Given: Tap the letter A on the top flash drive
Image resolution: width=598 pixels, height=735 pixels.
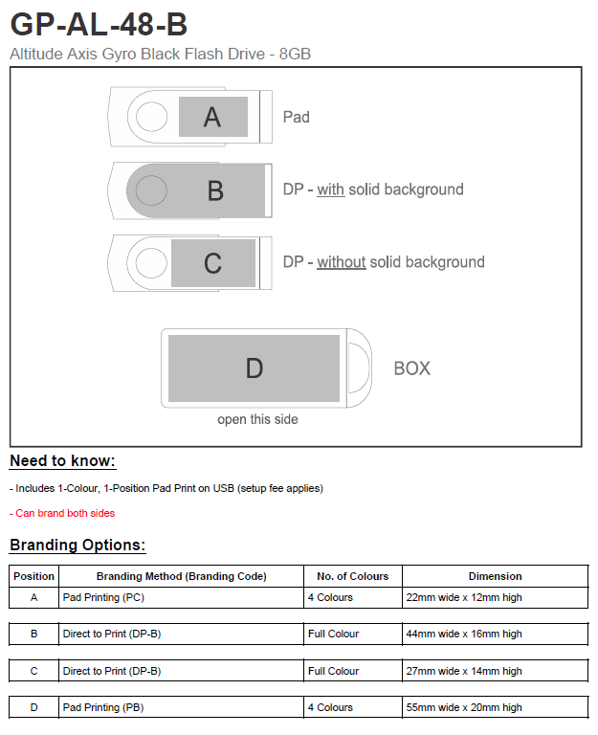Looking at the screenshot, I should tap(212, 117).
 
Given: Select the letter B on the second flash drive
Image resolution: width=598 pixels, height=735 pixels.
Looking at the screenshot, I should tap(215, 190).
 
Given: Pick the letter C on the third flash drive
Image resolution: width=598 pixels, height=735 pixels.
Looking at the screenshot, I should tap(213, 263).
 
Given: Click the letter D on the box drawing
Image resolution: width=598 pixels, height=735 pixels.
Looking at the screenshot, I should tap(255, 368).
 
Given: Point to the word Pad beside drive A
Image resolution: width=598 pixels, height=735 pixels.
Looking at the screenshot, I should tap(297, 117).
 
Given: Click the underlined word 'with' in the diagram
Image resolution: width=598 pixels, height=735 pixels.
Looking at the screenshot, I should tap(331, 189).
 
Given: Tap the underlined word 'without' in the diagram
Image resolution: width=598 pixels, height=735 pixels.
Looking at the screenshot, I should tap(342, 262).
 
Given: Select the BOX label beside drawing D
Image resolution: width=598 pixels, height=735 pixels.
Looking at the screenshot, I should tap(412, 368).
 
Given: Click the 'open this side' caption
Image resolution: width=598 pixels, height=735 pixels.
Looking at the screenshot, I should tap(257, 419).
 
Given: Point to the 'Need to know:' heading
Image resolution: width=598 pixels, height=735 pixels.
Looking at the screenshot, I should tap(62, 461).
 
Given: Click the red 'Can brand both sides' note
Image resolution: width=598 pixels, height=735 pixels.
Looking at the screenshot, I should tap(65, 513).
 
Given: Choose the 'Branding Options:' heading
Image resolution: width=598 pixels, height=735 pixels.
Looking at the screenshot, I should tap(78, 546).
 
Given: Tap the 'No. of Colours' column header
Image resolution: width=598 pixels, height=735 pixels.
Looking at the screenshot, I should tap(353, 576).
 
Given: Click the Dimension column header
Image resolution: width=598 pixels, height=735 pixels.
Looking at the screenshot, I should tap(495, 576).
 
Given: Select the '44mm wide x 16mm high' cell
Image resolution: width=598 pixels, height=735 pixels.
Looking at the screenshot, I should tap(465, 634).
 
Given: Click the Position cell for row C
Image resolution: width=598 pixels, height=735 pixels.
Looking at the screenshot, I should tap(33, 671).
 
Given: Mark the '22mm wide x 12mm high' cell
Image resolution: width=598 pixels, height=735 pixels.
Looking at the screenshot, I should tap(465, 597).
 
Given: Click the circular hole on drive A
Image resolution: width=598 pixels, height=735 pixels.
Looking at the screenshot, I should tap(151, 117).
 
